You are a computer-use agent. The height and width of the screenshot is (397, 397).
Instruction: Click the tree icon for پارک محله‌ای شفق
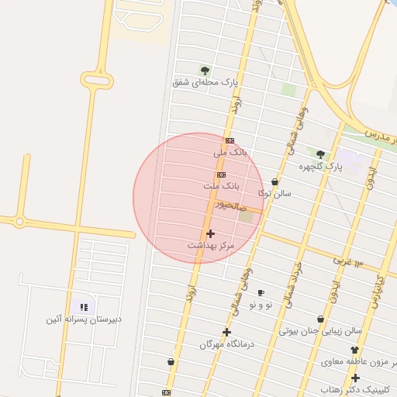pos(205,71)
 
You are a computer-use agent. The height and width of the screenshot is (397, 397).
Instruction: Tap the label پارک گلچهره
pos(320,166)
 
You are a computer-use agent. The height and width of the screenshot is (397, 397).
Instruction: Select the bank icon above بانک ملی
pos(230,140)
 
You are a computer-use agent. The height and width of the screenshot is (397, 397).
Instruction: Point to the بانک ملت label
pos(223,187)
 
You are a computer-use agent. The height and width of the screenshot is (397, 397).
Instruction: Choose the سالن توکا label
pos(275,193)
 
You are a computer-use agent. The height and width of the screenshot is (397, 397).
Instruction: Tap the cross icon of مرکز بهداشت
pos(210,233)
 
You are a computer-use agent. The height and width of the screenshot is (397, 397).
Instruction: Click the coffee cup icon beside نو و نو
pos(261,292)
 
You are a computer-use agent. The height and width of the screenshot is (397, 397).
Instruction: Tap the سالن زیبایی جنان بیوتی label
pos(320,331)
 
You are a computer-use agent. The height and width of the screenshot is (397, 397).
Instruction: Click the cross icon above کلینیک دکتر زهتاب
pos(355,378)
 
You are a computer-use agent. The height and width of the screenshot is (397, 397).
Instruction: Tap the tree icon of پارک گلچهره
pos(320,154)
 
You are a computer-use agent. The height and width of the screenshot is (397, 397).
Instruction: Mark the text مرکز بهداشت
pos(210,245)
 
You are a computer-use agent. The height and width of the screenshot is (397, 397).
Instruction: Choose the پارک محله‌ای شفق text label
pos(205,81)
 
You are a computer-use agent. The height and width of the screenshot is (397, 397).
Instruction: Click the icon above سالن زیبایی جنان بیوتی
pos(320,319)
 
